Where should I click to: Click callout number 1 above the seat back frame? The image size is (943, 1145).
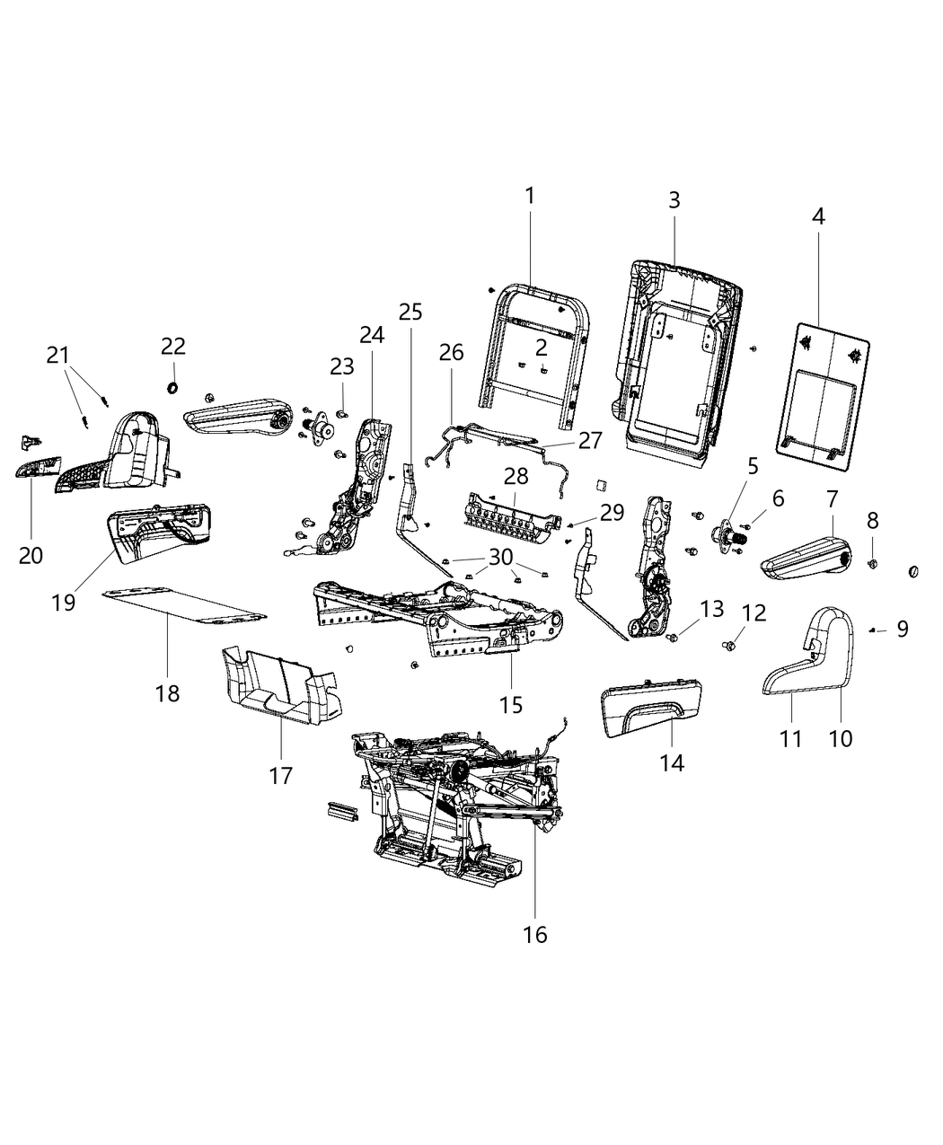point(530,195)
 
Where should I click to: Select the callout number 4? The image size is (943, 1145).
point(818,216)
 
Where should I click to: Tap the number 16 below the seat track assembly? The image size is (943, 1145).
point(535,935)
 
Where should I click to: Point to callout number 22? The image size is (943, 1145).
point(172,345)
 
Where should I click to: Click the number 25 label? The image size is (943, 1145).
point(410,312)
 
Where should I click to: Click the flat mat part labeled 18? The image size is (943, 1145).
point(184,604)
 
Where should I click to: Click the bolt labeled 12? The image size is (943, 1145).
point(731,643)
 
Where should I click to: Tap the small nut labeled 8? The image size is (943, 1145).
point(872,563)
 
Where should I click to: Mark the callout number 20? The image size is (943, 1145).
point(31,555)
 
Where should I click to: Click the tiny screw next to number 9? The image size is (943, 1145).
point(872,631)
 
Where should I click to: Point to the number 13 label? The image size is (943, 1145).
point(711,609)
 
